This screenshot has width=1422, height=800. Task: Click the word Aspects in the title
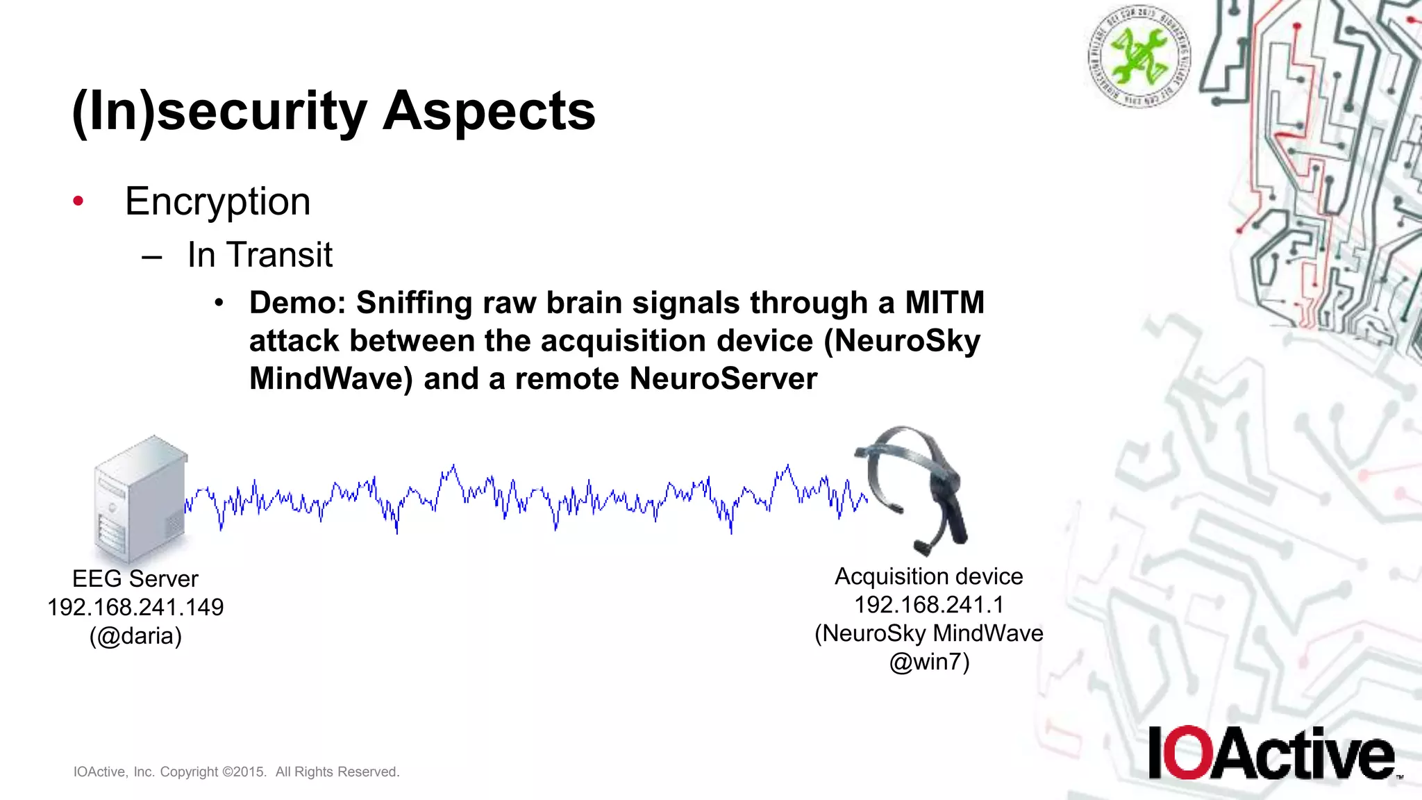click(489, 111)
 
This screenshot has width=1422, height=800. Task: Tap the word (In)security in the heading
click(219, 112)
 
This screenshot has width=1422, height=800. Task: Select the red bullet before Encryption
click(78, 201)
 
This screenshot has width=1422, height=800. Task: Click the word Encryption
click(217, 202)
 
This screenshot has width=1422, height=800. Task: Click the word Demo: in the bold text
click(297, 303)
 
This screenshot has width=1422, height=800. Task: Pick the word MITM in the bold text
click(944, 303)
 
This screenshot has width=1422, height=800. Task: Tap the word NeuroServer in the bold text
click(723, 379)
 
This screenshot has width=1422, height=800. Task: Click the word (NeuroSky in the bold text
click(902, 341)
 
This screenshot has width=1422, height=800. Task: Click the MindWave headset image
click(913, 490)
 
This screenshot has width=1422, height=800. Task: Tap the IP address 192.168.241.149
click(135, 608)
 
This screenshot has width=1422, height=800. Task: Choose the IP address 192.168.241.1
click(929, 605)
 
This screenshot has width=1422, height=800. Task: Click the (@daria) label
click(135, 636)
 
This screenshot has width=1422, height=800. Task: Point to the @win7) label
click(929, 662)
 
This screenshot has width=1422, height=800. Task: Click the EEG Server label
click(135, 578)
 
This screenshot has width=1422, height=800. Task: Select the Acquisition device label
click(929, 576)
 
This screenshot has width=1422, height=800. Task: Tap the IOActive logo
click(1271, 753)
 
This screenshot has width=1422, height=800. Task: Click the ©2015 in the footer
click(244, 772)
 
